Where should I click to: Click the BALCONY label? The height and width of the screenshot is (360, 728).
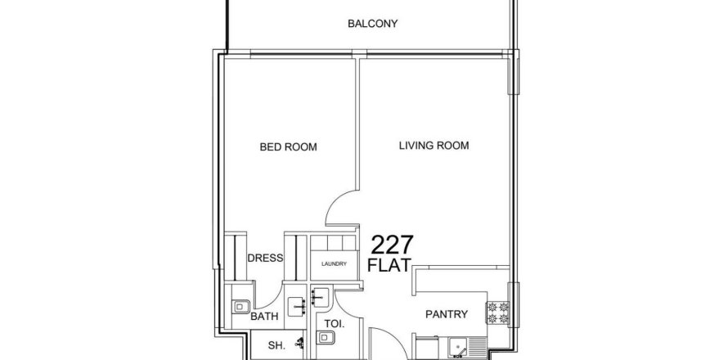pyautogui.click(x=372, y=24)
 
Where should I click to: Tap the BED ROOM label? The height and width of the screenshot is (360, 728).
pyautogui.click(x=288, y=147)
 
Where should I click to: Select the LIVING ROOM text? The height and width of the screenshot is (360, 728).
pyautogui.click(x=434, y=146)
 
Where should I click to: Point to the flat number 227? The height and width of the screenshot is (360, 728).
pyautogui.click(x=392, y=245)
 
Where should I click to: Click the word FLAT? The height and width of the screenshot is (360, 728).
pyautogui.click(x=389, y=265)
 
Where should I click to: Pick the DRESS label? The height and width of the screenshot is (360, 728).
pyautogui.click(x=265, y=259)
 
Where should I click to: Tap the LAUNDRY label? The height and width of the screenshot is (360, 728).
pyautogui.click(x=334, y=263)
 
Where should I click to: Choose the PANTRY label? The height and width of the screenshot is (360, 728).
pyautogui.click(x=446, y=314)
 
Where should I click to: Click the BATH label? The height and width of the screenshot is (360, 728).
pyautogui.click(x=264, y=317)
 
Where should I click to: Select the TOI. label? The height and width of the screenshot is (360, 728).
pyautogui.click(x=335, y=324)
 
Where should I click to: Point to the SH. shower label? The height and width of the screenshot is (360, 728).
pyautogui.click(x=276, y=345)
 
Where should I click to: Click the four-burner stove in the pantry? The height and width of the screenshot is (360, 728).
pyautogui.click(x=497, y=313)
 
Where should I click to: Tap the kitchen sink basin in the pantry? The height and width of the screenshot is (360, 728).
pyautogui.click(x=459, y=348)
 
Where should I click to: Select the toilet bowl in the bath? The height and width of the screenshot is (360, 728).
pyautogui.click(x=241, y=307)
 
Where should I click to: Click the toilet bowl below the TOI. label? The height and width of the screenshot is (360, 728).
pyautogui.click(x=325, y=337)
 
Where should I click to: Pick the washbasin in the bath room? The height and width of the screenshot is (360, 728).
pyautogui.click(x=297, y=307)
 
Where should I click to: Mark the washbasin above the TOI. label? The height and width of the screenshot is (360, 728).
pyautogui.click(x=320, y=297)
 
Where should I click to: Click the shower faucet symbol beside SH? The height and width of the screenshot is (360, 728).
pyautogui.click(x=301, y=344)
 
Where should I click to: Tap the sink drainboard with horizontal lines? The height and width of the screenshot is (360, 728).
pyautogui.click(x=478, y=348)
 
